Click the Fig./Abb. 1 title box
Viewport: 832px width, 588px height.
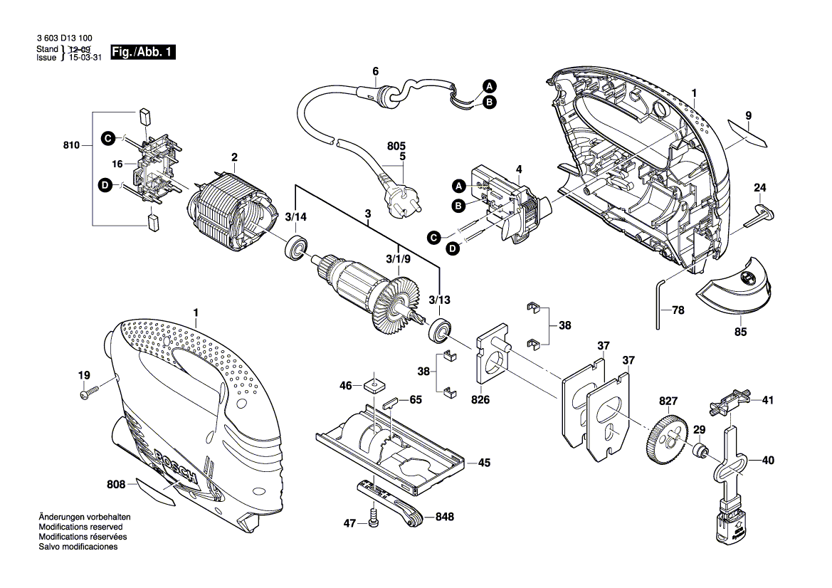click(143, 52)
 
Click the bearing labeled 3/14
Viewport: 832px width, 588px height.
click(297, 248)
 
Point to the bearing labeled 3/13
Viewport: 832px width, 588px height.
click(440, 330)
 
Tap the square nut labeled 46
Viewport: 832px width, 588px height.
click(375, 384)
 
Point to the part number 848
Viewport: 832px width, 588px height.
click(445, 516)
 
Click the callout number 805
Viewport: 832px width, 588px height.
click(396, 146)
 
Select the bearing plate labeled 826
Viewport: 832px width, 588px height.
click(492, 355)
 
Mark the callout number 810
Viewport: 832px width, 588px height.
click(70, 145)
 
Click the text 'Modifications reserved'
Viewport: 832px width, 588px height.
click(80, 527)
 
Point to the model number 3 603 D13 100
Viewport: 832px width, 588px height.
click(65, 38)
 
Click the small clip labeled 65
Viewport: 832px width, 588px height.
click(389, 401)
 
